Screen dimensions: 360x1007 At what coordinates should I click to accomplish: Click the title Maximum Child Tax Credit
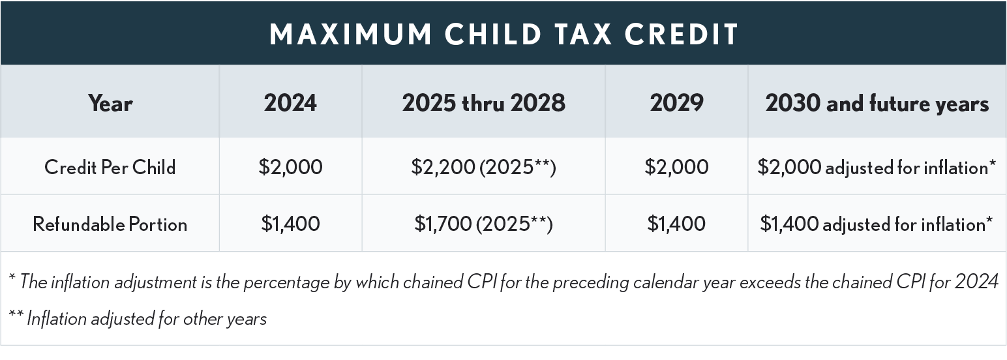(503, 34)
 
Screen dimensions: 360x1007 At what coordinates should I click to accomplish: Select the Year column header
(110, 103)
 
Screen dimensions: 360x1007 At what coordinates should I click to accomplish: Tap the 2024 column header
(290, 103)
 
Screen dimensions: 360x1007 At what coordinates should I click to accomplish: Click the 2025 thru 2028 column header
(483, 103)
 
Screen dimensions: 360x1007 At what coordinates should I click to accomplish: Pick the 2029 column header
(676, 103)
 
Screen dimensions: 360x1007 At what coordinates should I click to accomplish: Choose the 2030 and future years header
(877, 103)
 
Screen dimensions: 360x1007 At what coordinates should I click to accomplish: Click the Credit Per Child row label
(110, 168)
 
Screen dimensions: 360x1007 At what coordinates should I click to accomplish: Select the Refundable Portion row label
(110, 224)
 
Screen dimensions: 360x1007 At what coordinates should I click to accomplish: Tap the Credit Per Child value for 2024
(290, 168)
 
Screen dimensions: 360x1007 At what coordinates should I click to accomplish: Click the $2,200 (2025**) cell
(483, 168)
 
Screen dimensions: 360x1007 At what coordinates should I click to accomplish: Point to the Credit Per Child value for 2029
(676, 168)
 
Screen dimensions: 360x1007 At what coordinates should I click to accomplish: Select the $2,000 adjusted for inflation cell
(877, 168)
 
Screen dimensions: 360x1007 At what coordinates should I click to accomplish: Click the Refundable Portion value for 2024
(290, 224)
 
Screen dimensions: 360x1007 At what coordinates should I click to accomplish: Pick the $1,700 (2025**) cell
(483, 224)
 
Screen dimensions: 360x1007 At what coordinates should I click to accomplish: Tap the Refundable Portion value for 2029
(676, 224)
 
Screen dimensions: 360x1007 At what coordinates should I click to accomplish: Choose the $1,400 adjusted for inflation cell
(877, 224)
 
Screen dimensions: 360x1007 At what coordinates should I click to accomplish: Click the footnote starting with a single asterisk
(503, 282)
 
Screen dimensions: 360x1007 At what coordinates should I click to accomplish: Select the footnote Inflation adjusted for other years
(138, 320)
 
